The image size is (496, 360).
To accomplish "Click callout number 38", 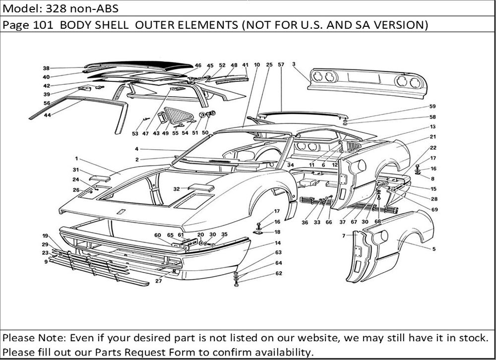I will pos(46,68).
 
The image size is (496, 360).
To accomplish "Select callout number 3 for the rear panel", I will pos(294,64).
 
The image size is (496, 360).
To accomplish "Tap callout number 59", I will pos(433,107).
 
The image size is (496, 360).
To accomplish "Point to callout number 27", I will pos(158,281).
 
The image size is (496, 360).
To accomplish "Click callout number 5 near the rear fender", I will pos(434,248).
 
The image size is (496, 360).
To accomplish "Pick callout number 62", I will pos(279,273).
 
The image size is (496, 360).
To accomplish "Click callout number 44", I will pos(48,115).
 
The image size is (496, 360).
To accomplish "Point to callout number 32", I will pos(176,189).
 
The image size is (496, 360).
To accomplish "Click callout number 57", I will pos(281,65).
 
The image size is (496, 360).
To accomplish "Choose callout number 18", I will pos(277,232).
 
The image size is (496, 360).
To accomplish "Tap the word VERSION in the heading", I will pos(398,25).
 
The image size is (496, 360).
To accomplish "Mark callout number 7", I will pos(343,236).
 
